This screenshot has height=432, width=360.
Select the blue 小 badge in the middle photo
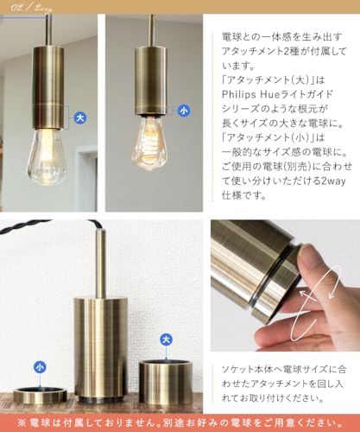183,111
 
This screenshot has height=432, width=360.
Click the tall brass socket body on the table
101,346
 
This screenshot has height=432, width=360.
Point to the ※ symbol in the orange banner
10,421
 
